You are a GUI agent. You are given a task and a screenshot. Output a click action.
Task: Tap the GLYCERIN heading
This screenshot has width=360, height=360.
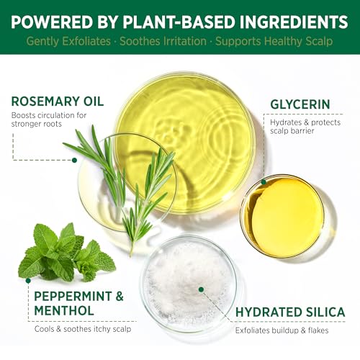(x=300, y=104)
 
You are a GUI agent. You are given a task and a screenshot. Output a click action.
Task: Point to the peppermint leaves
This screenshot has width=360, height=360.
(x=65, y=252)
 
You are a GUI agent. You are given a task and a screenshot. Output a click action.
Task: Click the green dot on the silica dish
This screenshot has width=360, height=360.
(x=201, y=289)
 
